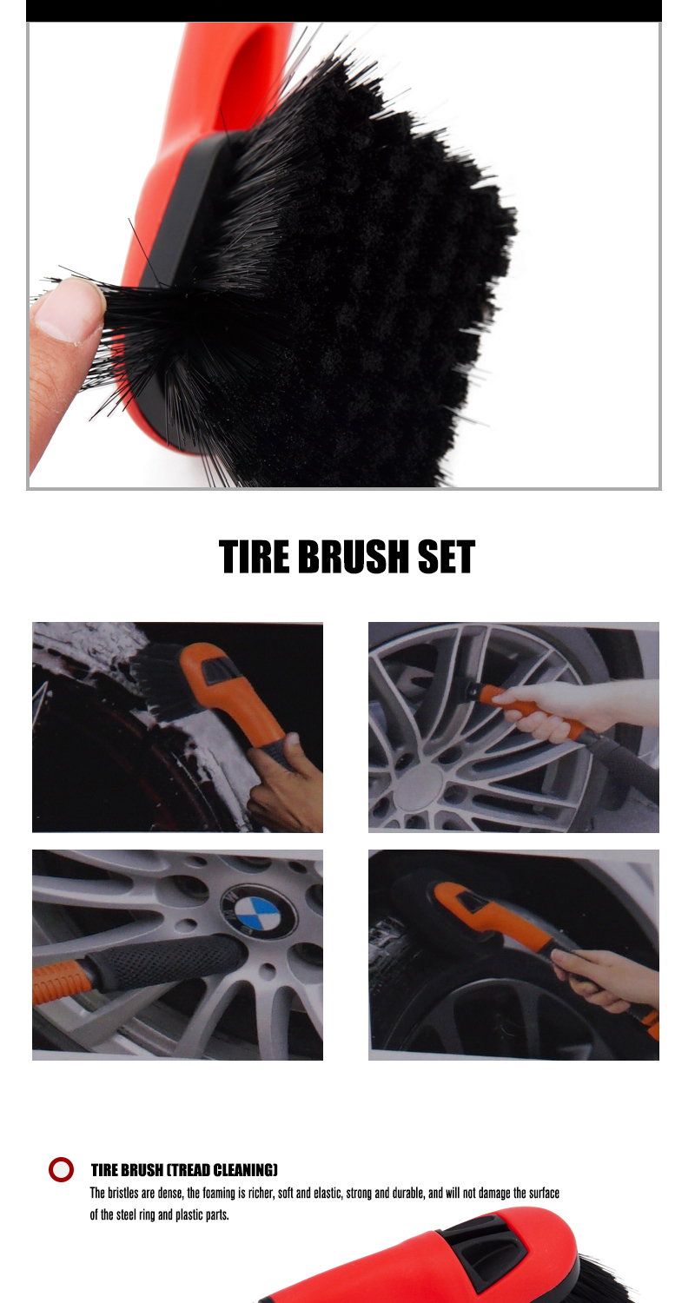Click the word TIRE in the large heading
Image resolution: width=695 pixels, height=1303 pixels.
tap(255, 557)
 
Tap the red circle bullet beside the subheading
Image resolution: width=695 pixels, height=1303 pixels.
tap(61, 1169)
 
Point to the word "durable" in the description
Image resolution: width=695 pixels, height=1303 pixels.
tap(409, 1193)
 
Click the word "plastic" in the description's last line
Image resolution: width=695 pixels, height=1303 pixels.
tap(189, 1214)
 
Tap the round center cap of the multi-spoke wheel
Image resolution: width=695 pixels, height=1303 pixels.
tap(417, 786)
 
